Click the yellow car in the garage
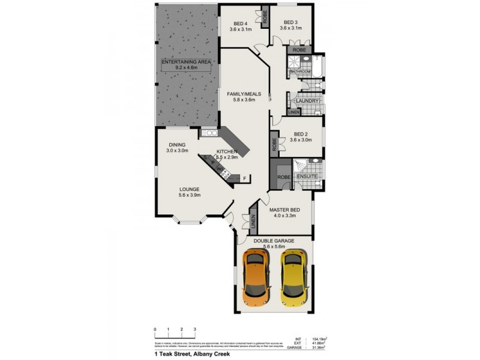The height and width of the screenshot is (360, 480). tap(294, 277)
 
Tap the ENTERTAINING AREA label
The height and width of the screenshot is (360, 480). tap(185, 62)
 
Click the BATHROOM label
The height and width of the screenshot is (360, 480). tap(301, 71)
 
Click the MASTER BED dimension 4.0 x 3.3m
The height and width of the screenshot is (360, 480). tap(285, 215)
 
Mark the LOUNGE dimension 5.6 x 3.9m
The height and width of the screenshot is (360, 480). tap(189, 195)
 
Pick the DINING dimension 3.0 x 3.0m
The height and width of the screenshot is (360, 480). tap(178, 151)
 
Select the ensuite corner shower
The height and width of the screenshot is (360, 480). tap(301, 165)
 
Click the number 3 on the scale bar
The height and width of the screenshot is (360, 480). tap(195, 329)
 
